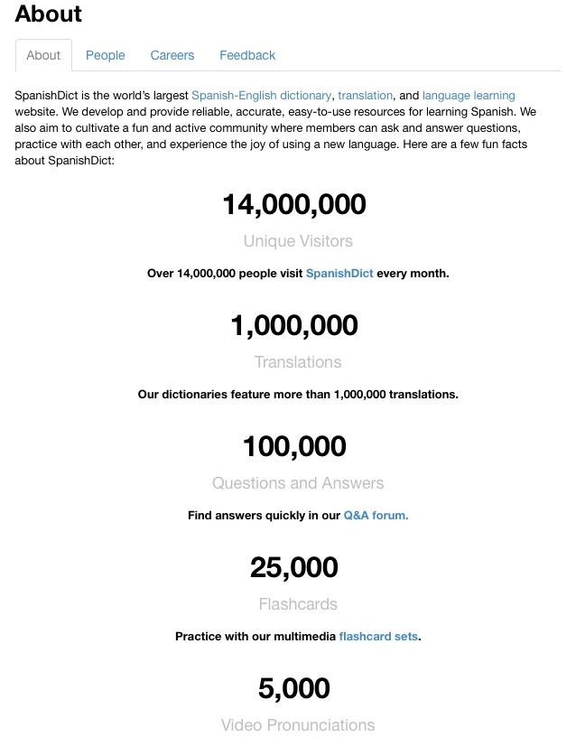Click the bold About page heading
(49, 14)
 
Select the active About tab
(43, 55)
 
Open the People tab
(106, 55)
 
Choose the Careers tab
(172, 55)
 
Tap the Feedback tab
(247, 55)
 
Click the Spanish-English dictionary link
(262, 95)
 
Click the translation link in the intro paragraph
(366, 95)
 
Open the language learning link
(469, 95)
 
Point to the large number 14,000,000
(294, 204)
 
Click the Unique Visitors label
(298, 241)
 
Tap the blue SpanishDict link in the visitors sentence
(339, 273)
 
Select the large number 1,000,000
(294, 325)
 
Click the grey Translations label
(298, 362)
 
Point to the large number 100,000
(294, 446)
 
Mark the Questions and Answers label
(298, 483)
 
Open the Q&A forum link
(376, 515)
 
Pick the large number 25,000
(294, 567)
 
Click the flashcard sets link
(378, 636)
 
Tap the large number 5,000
(294, 688)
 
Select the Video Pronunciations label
(298, 725)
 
